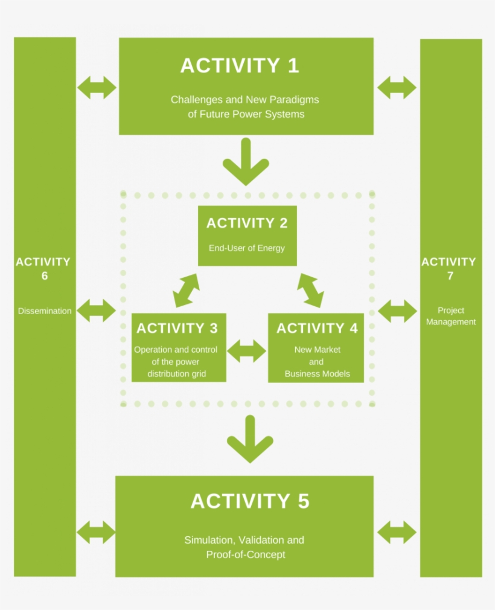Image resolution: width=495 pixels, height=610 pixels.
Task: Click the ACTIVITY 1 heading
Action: tap(240, 66)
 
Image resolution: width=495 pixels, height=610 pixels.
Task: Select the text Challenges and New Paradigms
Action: tap(244, 100)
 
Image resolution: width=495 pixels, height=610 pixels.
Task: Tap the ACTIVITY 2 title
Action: tap(247, 223)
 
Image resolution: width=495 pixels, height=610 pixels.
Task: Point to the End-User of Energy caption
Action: tap(247, 248)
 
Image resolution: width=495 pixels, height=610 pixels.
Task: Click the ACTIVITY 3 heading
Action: tap(177, 329)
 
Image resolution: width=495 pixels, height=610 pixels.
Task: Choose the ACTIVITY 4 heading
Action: tap(317, 329)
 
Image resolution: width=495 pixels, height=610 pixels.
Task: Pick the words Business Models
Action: tap(317, 374)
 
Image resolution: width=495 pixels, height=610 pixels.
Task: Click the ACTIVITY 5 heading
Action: tap(250, 501)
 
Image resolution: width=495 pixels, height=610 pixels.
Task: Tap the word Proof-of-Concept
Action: tap(246, 554)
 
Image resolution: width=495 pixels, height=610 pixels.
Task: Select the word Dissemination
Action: tap(45, 311)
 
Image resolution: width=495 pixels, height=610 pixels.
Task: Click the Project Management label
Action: tap(451, 316)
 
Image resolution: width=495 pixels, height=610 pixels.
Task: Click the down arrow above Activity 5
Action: tap(250, 439)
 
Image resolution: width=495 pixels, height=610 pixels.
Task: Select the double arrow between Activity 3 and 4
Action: tap(246, 350)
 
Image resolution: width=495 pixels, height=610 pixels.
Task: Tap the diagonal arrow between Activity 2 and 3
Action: tap(186, 291)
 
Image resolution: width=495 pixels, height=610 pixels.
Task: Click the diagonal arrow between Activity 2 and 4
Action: tap(310, 291)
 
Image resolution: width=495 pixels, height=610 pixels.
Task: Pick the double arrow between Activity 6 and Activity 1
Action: tap(97, 88)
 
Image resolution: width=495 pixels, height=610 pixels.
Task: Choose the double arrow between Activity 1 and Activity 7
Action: tap(397, 88)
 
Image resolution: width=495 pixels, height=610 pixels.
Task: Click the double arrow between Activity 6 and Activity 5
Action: tap(96, 533)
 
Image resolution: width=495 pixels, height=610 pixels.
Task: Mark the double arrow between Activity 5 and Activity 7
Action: tap(397, 533)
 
